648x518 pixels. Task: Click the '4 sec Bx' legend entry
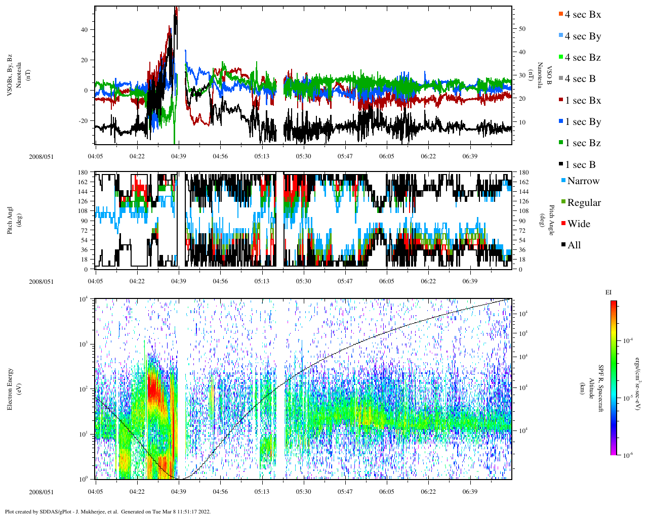point(582,15)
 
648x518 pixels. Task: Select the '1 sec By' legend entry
point(582,122)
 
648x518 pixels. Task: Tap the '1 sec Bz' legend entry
point(582,143)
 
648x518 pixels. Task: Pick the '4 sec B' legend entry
point(580,79)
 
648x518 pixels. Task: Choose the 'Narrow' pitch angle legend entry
point(583,181)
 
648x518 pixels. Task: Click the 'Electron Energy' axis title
point(10,388)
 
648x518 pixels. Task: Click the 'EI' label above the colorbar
point(609,292)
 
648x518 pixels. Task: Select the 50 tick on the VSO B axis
point(522,29)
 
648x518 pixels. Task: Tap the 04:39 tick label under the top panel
point(178,156)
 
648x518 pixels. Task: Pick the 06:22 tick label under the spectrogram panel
point(428,492)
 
